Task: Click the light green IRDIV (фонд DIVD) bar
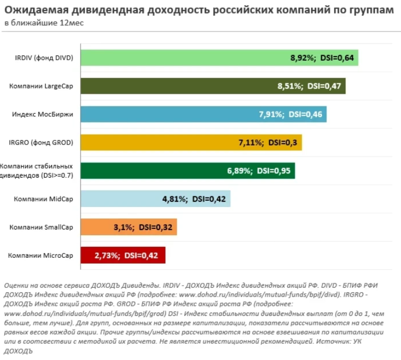click(x=183, y=58)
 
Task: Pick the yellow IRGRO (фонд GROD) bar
click(x=157, y=142)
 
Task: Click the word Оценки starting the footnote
click(x=16, y=285)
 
